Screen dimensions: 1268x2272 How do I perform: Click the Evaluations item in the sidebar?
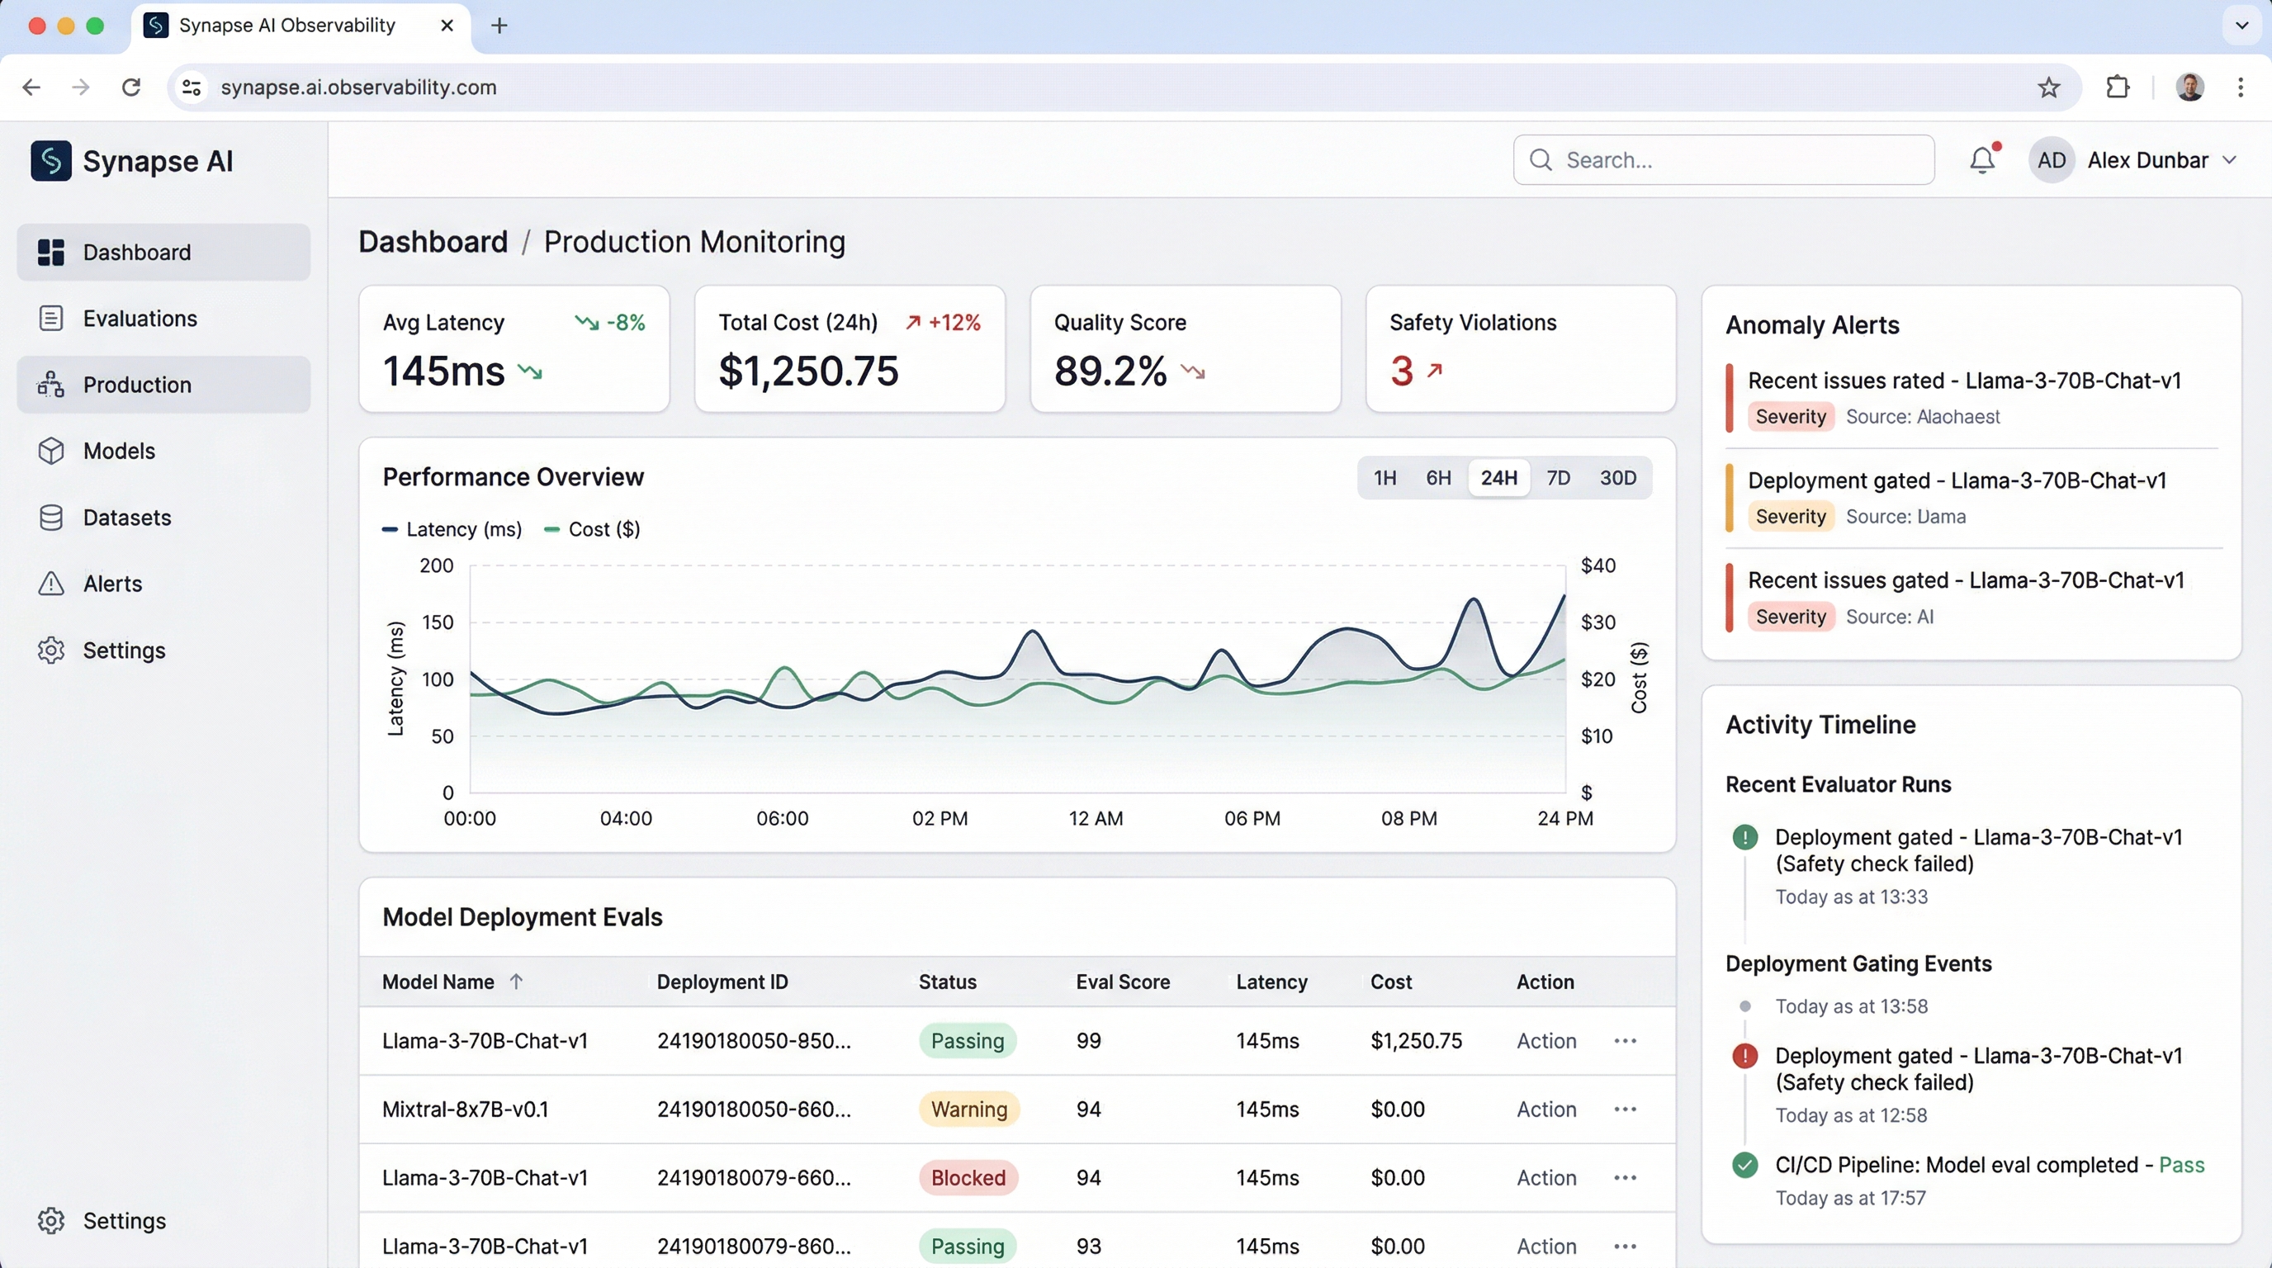pos(140,319)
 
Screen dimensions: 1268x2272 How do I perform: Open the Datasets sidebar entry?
pos(127,518)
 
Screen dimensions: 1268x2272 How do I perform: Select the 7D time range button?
pos(1558,478)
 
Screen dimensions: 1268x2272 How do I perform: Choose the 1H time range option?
pos(1384,478)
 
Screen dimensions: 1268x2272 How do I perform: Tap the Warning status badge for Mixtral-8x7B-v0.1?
pos(968,1109)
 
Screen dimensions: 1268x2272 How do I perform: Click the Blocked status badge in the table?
pos(968,1178)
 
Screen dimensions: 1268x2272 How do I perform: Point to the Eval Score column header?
pos(1122,982)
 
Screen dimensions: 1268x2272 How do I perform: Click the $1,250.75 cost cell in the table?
pos(1416,1040)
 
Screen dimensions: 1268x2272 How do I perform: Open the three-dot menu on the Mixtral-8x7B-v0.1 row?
pos(1625,1109)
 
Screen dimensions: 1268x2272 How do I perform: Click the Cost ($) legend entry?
pos(603,529)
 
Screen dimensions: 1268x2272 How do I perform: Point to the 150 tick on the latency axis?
pos(438,622)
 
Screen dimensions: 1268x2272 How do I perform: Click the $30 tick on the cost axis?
pos(1597,622)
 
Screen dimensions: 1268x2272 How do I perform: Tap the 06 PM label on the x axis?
pos(1252,818)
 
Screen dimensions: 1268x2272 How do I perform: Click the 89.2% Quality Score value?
pos(1110,371)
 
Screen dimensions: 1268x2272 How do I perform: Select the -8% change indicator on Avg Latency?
pos(624,323)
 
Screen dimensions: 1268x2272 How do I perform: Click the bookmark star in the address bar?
pos(2048,88)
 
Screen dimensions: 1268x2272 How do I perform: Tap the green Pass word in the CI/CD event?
pos(2180,1165)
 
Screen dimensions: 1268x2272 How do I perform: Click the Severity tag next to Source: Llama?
pos(1790,517)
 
